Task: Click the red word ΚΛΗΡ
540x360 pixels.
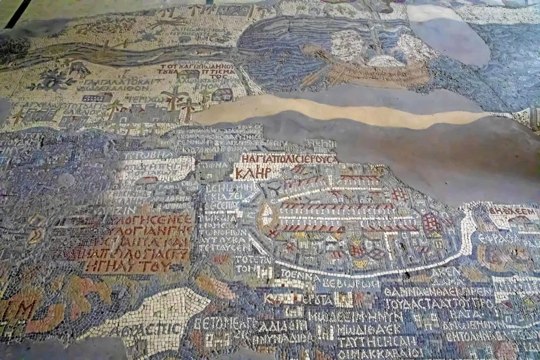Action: pos(254,173)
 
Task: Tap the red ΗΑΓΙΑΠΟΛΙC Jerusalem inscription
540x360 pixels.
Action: pos(288,159)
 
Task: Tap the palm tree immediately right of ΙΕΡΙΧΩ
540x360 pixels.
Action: pos(174,98)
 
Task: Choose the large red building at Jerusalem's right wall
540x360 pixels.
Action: pos(431,224)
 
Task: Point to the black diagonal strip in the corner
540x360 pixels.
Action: pos(19,14)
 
